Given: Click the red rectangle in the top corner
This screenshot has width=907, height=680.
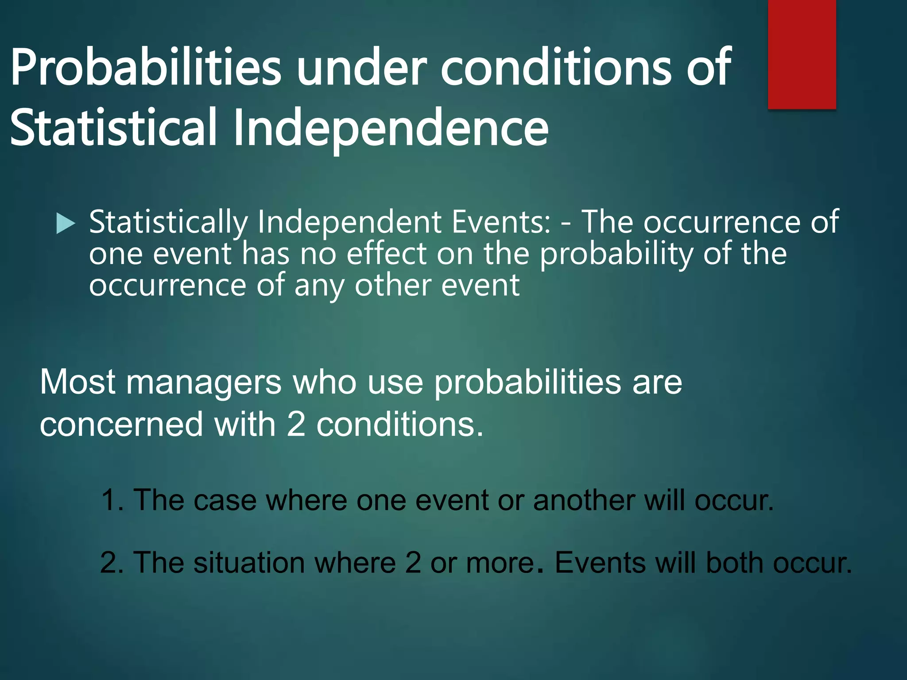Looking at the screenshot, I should pyautogui.click(x=802, y=54).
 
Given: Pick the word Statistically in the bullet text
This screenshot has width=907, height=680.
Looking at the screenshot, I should pyautogui.click(x=168, y=222).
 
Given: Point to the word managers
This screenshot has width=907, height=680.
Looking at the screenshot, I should pyautogui.click(x=204, y=382).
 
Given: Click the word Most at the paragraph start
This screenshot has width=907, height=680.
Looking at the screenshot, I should pyautogui.click(x=78, y=382).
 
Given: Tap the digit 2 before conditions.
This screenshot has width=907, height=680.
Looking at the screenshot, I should pyautogui.click(x=295, y=425).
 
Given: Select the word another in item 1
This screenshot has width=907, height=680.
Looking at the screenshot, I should pyautogui.click(x=583, y=500).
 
